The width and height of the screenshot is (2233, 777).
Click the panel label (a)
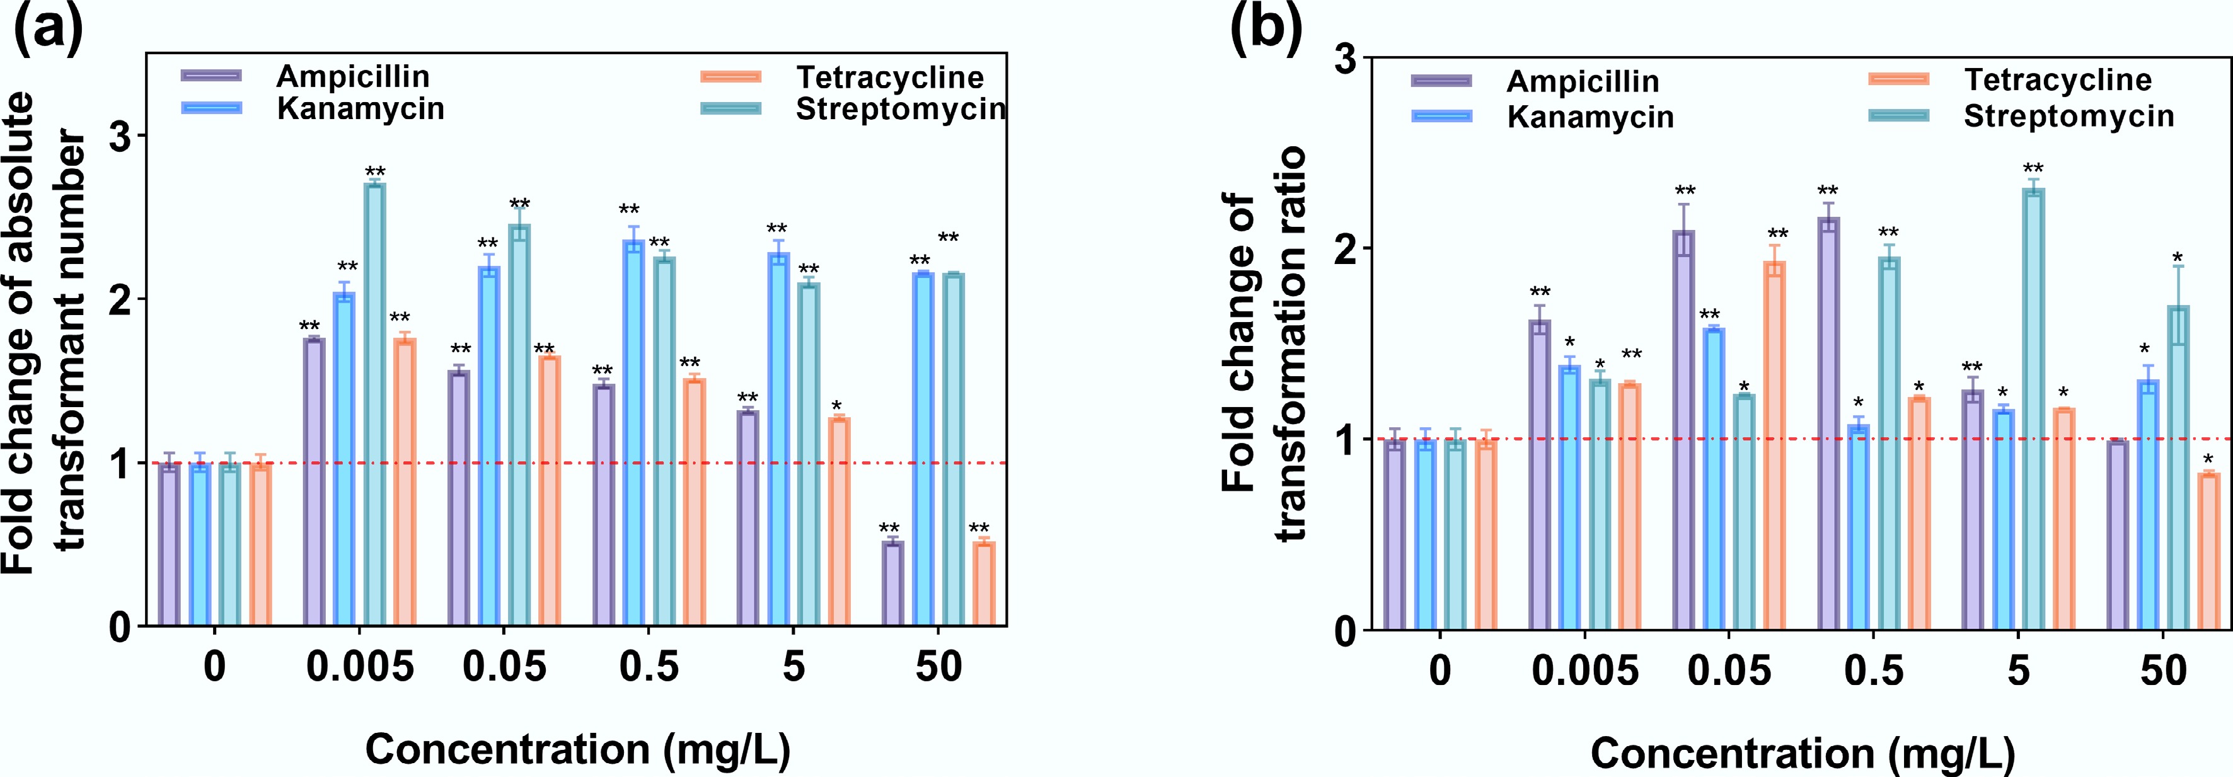(x=48, y=30)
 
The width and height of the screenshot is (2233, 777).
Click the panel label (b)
(x=1266, y=30)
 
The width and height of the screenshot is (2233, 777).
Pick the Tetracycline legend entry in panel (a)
(x=889, y=78)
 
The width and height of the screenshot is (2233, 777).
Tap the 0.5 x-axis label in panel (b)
(x=1873, y=671)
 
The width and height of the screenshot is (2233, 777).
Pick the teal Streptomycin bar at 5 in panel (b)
(x=2033, y=408)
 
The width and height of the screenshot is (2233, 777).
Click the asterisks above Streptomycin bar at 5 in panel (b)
(x=2033, y=168)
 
